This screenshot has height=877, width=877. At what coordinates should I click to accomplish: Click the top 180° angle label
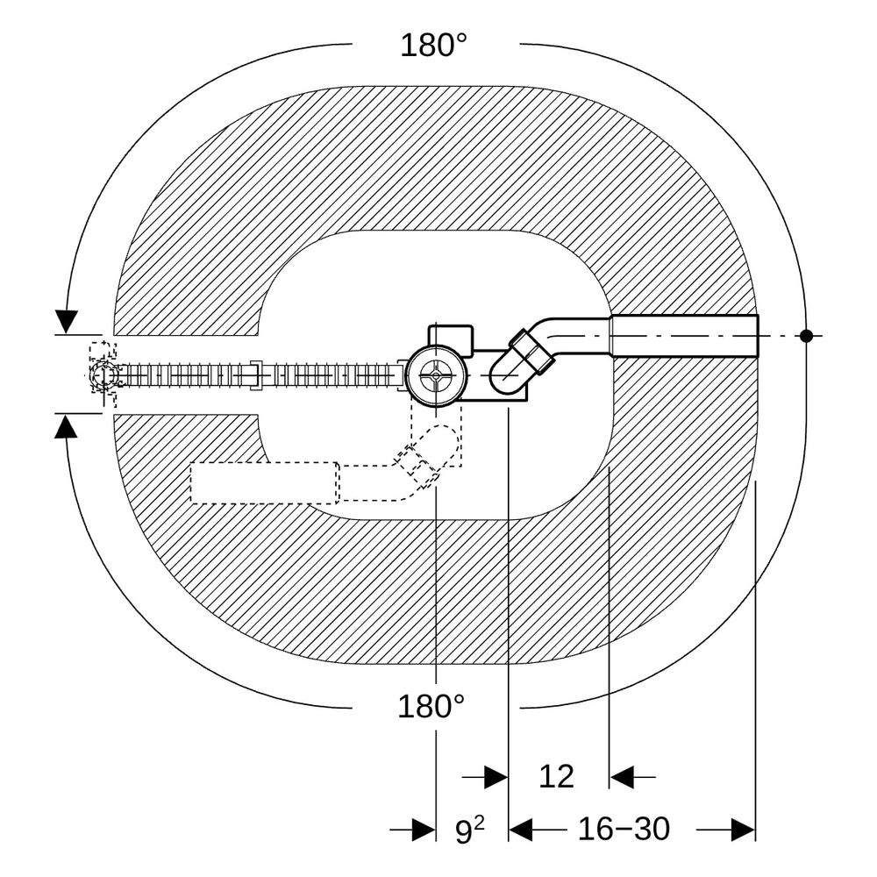coord(433,46)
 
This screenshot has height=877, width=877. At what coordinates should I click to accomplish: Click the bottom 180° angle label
coord(431,706)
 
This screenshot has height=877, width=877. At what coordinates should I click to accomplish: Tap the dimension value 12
coord(557,776)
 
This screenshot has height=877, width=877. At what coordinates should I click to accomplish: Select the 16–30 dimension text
coord(624,829)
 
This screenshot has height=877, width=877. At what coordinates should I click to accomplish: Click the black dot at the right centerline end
coord(806,336)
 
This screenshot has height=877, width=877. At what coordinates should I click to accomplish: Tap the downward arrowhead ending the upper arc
coord(67,322)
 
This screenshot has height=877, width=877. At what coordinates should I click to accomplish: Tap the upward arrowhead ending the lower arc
coord(66,427)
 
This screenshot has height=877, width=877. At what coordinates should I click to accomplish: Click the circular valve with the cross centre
coord(436,375)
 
